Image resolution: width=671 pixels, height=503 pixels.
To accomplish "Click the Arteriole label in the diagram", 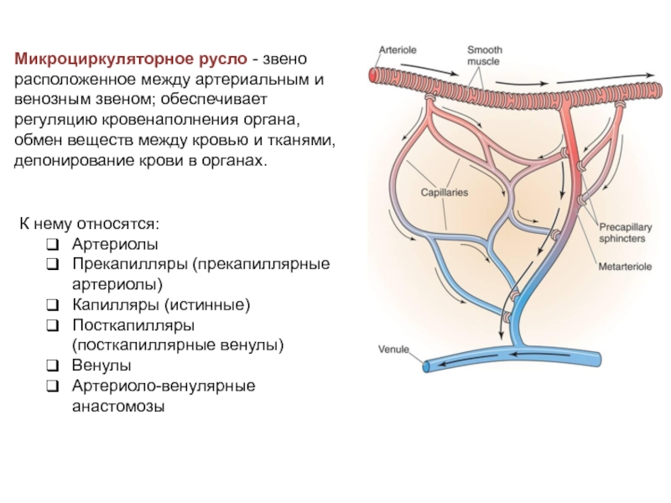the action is click(x=398, y=50).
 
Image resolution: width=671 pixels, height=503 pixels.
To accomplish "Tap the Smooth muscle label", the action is click(x=484, y=55).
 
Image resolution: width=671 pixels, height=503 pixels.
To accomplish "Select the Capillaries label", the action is click(x=444, y=192).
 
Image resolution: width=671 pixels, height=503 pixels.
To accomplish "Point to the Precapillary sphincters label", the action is click(x=622, y=232).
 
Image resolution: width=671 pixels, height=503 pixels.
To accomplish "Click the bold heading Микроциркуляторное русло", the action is click(x=130, y=60).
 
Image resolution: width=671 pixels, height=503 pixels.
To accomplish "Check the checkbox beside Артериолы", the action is click(x=52, y=245).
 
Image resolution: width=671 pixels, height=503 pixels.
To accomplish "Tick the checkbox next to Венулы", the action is click(x=52, y=366).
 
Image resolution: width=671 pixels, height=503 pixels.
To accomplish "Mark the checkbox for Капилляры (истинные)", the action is click(x=52, y=305).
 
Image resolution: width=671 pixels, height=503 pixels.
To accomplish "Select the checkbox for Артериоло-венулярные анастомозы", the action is click(x=52, y=386).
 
